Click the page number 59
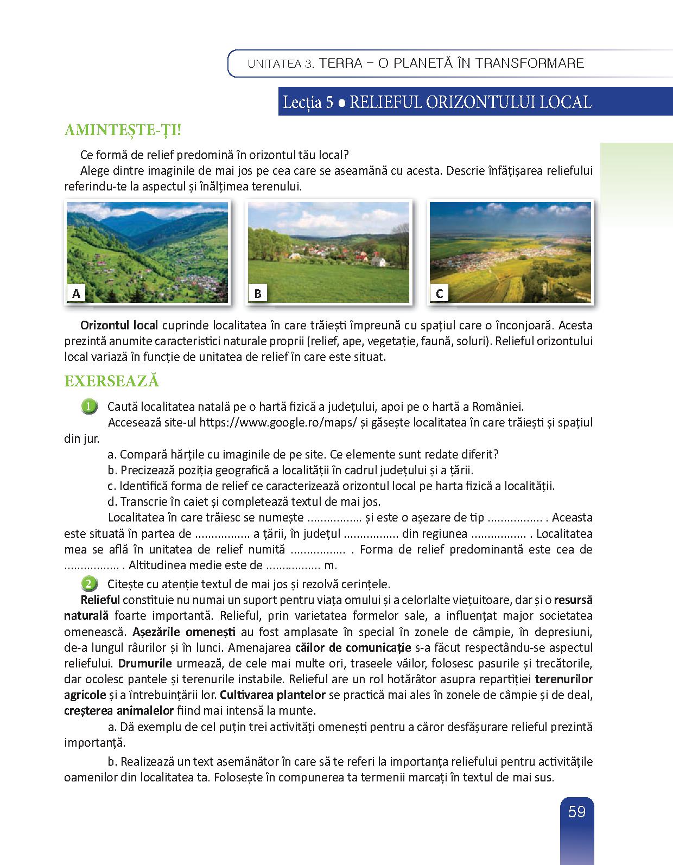point(576,812)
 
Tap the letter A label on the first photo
point(77,294)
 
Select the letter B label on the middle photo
point(258,294)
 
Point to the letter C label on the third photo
point(440,294)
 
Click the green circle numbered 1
point(89,406)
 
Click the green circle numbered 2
point(89,584)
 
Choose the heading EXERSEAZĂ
point(111,381)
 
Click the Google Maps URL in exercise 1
point(277,423)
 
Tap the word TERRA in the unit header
point(341,63)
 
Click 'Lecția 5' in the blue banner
point(307,103)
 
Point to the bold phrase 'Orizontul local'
point(119,326)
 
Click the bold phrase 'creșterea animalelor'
point(119,710)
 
